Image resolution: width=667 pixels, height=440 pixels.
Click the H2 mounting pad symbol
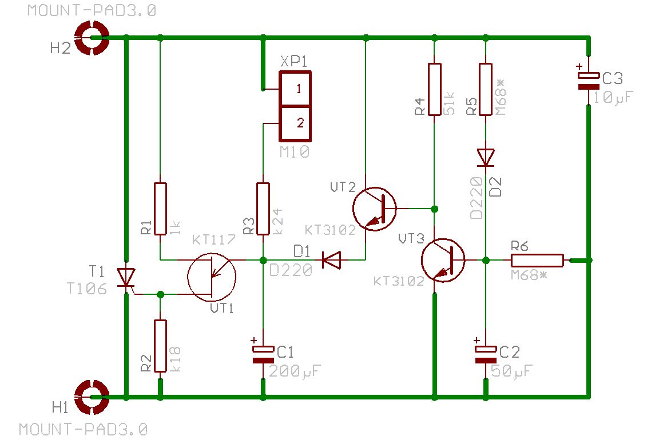pyautogui.click(x=92, y=38)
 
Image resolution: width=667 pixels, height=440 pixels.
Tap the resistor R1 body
pyautogui.click(x=161, y=209)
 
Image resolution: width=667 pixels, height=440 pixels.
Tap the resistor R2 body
pyautogui.click(x=161, y=346)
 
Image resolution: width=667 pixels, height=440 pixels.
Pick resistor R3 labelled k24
pyautogui.click(x=263, y=209)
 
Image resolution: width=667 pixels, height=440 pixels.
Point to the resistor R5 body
pyautogui.click(x=486, y=89)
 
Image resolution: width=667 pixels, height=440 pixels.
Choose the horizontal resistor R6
pyautogui.click(x=537, y=261)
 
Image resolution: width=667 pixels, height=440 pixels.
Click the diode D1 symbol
pyautogui.click(x=331, y=261)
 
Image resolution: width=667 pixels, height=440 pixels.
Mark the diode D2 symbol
pyautogui.click(x=486, y=157)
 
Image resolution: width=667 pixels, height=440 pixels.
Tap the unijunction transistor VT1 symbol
pyautogui.click(x=212, y=277)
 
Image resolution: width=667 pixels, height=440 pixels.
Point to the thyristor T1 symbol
pyautogui.click(x=126, y=278)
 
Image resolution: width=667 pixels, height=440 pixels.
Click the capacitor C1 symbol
pyautogui.click(x=263, y=354)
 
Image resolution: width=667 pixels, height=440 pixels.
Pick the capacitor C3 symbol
pyautogui.click(x=589, y=80)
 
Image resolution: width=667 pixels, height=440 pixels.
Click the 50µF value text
pyautogui.click(x=511, y=371)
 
